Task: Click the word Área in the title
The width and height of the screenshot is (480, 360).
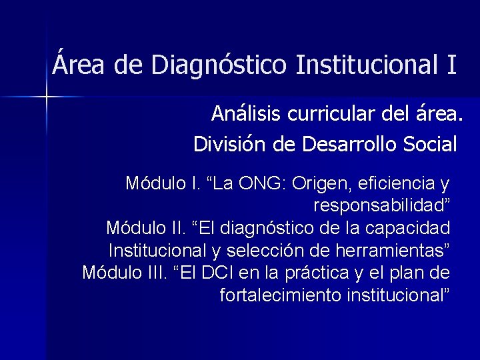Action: pyautogui.click(x=74, y=65)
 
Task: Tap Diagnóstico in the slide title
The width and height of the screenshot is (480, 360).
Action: pyautogui.click(x=219, y=65)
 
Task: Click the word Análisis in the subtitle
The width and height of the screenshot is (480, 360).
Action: pyautogui.click(x=247, y=115)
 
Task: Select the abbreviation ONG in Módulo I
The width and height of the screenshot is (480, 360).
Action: pyautogui.click(x=273, y=183)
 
